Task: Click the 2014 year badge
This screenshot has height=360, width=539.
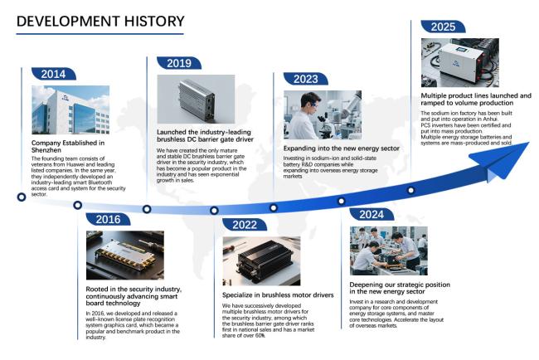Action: [x=54, y=74]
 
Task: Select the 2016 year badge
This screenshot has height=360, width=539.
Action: [x=108, y=219]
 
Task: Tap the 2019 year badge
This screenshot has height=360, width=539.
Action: [x=179, y=63]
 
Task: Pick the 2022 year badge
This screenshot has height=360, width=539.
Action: [x=245, y=225]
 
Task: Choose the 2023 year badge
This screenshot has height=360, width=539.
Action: [x=306, y=79]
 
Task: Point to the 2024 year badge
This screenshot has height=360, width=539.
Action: [x=371, y=215]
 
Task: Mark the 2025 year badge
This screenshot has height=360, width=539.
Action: [x=443, y=27]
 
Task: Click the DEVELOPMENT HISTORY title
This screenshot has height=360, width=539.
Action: [x=100, y=22]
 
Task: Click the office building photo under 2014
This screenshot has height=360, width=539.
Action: [x=70, y=110]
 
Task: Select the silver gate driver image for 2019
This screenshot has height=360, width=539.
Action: [x=196, y=100]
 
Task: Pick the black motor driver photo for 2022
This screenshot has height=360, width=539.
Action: [x=261, y=261]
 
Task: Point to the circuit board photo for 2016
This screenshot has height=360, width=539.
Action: [x=125, y=255]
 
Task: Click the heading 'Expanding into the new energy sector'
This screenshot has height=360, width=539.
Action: [x=342, y=148]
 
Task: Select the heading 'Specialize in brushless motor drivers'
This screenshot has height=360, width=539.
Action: [x=278, y=295]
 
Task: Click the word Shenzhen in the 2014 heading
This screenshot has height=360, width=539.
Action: [x=46, y=150]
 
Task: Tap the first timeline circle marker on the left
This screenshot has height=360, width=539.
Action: [x=22, y=197]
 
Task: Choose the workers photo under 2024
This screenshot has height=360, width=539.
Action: [x=389, y=251]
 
